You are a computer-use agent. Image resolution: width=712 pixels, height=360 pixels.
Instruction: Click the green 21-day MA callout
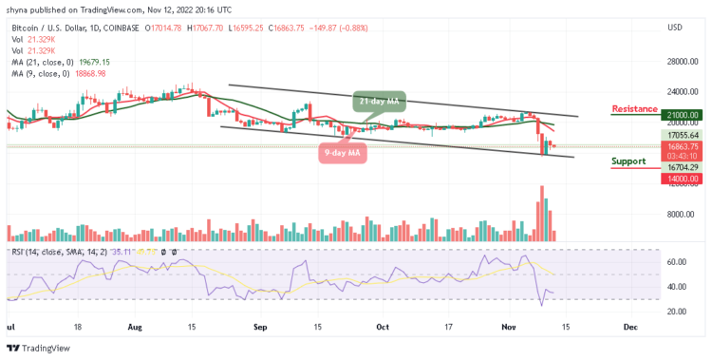click(378, 101)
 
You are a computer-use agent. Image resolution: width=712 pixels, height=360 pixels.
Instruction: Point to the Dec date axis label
click(629, 325)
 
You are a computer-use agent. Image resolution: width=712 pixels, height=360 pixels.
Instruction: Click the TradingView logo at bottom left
click(38, 348)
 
